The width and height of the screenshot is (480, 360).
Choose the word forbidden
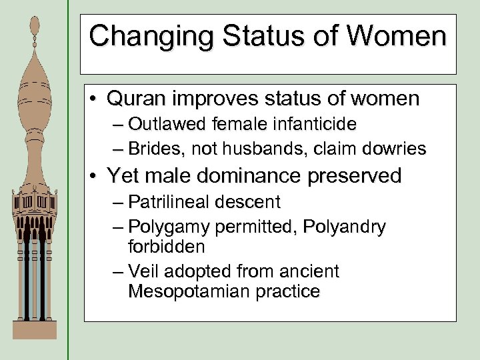166,246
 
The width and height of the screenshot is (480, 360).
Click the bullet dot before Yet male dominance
93,177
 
